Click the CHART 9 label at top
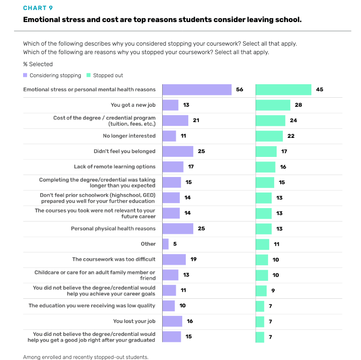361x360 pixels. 38,8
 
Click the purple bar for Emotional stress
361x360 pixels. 197,90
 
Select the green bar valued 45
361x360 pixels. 284,90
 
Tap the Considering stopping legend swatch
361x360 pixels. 26,75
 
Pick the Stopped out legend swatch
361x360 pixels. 89,75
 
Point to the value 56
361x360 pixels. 239,90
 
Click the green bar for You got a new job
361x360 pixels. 273,105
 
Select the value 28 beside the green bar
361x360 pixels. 298,105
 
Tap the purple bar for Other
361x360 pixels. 166,244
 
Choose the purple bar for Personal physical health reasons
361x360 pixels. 178,229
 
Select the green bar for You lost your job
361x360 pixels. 260,321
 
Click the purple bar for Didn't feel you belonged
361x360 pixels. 178,151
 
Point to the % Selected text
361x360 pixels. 38,64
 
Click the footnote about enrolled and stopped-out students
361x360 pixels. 86,357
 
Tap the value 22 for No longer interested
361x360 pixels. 291,136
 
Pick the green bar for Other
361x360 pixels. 263,244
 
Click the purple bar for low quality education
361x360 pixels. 169,306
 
